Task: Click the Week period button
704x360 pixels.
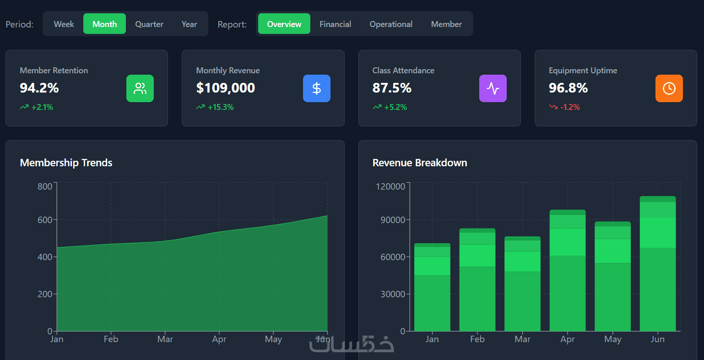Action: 64,24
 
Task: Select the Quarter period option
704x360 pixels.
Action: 149,24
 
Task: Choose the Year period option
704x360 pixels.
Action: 189,24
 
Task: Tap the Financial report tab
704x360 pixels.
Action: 335,24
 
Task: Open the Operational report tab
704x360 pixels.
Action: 391,24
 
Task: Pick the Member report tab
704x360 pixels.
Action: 446,24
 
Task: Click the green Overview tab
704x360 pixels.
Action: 284,24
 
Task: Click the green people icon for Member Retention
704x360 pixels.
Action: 140,88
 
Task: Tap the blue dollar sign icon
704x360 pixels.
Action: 316,88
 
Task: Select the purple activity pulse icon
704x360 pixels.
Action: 493,88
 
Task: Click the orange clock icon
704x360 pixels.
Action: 669,88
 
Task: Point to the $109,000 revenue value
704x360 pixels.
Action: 226,88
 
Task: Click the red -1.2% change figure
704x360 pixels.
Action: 570,107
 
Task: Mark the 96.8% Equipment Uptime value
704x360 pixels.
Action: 568,88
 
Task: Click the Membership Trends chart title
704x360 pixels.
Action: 66,163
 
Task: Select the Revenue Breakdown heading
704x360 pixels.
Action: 420,163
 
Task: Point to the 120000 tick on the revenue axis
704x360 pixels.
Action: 390,186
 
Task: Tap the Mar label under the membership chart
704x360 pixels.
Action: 165,339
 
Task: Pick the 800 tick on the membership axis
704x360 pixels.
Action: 45,186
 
